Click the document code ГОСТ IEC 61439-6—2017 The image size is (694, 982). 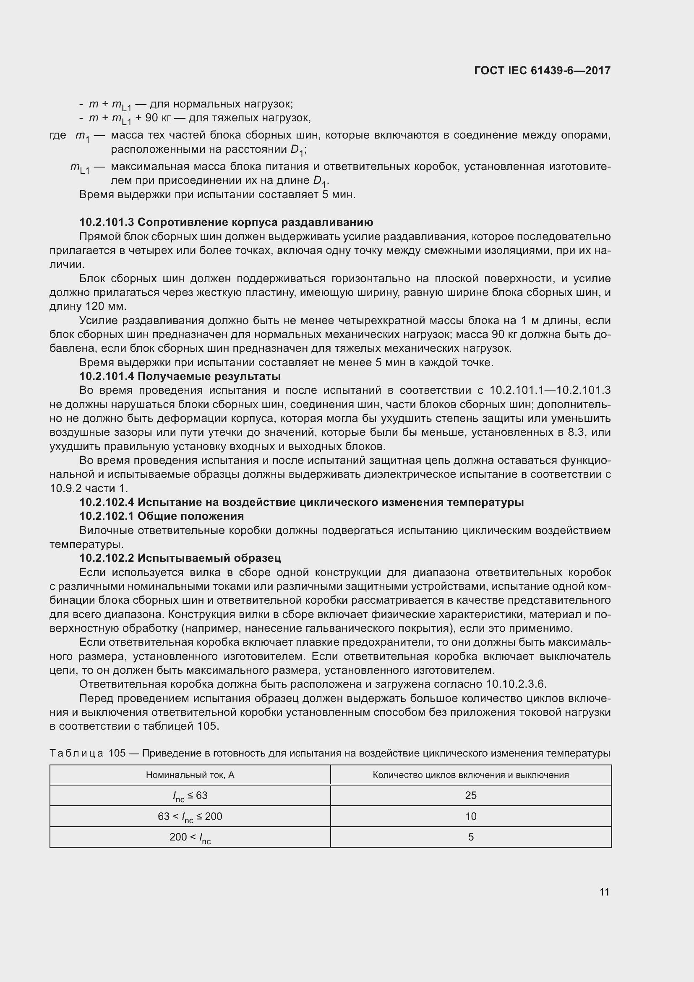click(x=542, y=71)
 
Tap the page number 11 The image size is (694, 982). click(x=604, y=892)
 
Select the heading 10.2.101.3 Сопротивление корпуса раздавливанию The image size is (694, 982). click(x=226, y=222)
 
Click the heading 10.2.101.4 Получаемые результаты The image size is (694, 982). click(x=180, y=376)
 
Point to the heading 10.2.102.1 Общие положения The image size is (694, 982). click(x=162, y=516)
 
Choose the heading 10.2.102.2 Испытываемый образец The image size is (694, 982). click(x=180, y=558)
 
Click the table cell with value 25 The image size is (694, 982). click(x=470, y=796)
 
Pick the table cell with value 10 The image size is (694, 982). click(x=470, y=817)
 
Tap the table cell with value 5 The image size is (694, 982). click(x=470, y=837)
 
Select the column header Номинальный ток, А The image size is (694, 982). click(x=190, y=775)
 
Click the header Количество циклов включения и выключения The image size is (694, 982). click(x=470, y=775)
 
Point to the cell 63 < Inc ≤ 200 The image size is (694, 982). click(x=190, y=817)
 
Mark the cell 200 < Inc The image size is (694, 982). click(x=190, y=838)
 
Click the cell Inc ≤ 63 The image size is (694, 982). click(x=190, y=796)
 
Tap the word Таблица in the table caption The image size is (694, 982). click(x=76, y=753)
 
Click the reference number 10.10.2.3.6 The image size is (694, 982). click(x=516, y=684)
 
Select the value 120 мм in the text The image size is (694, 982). click(x=106, y=306)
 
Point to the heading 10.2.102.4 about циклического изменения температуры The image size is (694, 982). click(x=301, y=502)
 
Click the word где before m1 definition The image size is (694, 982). click(x=57, y=135)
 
